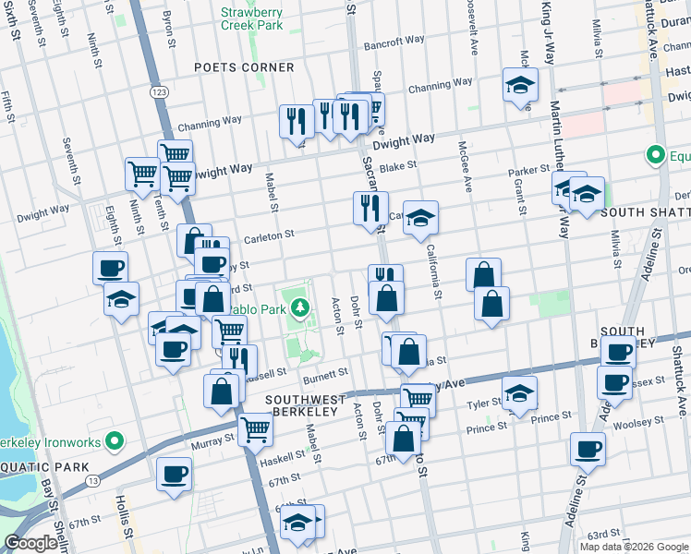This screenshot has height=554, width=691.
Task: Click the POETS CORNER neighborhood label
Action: pyautogui.click(x=244, y=67)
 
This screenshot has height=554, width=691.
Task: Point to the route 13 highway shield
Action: pyautogui.click(x=92, y=480)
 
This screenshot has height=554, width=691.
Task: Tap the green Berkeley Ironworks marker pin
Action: pyautogui.click(x=114, y=442)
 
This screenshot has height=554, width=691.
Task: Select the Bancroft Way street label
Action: pyautogui.click(x=394, y=42)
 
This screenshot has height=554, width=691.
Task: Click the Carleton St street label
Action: pyautogui.click(x=268, y=237)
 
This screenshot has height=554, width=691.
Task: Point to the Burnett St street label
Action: pyautogui.click(x=325, y=373)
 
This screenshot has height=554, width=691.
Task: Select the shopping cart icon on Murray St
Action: pyautogui.click(x=254, y=428)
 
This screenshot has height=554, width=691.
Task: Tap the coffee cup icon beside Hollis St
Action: pyautogui.click(x=173, y=475)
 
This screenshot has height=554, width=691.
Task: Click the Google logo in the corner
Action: pyautogui.click(x=30, y=544)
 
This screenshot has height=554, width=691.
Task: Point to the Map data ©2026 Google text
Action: pyautogui.click(x=633, y=547)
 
